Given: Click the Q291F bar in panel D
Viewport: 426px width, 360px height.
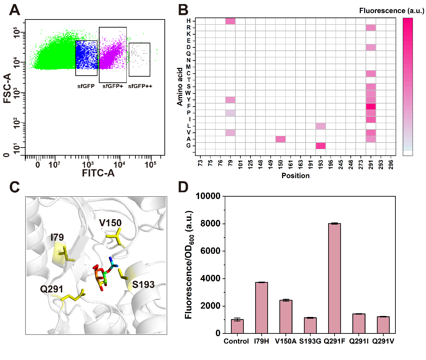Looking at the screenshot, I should pyautogui.click(x=335, y=278).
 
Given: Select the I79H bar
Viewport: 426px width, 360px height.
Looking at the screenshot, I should pyautogui.click(x=262, y=308).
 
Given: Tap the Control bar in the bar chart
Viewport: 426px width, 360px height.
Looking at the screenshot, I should pyautogui.click(x=237, y=326).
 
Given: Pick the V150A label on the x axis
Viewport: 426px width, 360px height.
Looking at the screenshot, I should pyautogui.click(x=285, y=341).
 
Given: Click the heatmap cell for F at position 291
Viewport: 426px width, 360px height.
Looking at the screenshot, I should pyautogui.click(x=371, y=106).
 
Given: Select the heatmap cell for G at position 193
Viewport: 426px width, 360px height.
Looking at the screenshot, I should pyautogui.click(x=321, y=146).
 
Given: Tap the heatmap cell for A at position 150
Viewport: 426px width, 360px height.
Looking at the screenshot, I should pyautogui.click(x=280, y=139).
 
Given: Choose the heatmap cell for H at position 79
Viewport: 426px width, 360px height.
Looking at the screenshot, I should pyautogui.click(x=230, y=21).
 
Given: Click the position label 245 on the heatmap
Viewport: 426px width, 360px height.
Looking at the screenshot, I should pyautogui.click(x=341, y=164).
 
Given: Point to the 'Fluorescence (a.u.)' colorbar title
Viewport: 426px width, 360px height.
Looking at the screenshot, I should pyautogui.click(x=392, y=11).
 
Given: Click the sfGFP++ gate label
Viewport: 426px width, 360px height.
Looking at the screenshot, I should pyautogui.click(x=140, y=86).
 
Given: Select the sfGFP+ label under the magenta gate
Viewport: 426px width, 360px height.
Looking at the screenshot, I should pyautogui.click(x=113, y=86).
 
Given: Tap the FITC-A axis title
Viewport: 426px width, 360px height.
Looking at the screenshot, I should pyautogui.click(x=98, y=173).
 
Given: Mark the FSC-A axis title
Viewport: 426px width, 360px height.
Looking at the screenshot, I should pyautogui.click(x=7, y=88).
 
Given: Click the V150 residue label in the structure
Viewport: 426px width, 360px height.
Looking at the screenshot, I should pyautogui.click(x=110, y=223).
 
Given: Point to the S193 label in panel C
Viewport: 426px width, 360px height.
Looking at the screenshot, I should pyautogui.click(x=143, y=285).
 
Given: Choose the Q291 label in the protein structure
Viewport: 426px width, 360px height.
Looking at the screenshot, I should pyautogui.click(x=51, y=289).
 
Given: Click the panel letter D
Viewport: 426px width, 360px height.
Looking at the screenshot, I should pyautogui.click(x=183, y=187).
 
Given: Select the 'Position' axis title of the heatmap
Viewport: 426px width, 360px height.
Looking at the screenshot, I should pyautogui.click(x=296, y=176).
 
